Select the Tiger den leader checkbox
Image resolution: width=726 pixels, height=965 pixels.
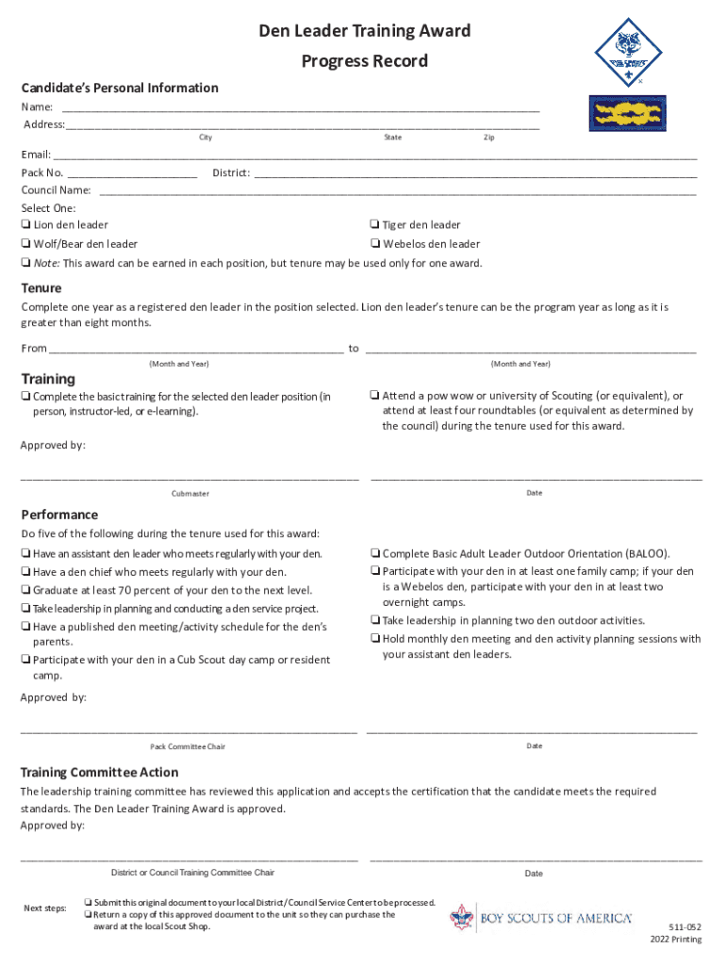pyautogui.click(x=374, y=225)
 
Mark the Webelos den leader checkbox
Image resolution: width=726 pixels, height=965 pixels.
pyautogui.click(x=374, y=244)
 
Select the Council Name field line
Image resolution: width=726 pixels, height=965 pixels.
pyautogui.click(x=396, y=190)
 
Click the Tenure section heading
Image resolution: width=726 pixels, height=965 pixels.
pyautogui.click(x=41, y=288)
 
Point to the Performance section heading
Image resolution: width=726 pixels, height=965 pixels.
pyautogui.click(x=59, y=515)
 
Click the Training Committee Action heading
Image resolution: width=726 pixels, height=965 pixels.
pyautogui.click(x=99, y=773)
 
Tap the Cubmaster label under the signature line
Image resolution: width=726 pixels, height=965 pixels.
pyautogui.click(x=190, y=494)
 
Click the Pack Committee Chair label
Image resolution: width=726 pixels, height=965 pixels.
pyautogui.click(x=188, y=747)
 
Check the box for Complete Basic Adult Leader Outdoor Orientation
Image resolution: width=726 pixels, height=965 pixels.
pyautogui.click(x=374, y=554)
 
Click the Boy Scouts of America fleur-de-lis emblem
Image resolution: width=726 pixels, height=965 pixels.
pyautogui.click(x=461, y=918)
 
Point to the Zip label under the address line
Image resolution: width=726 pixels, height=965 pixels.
pyautogui.click(x=488, y=138)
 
